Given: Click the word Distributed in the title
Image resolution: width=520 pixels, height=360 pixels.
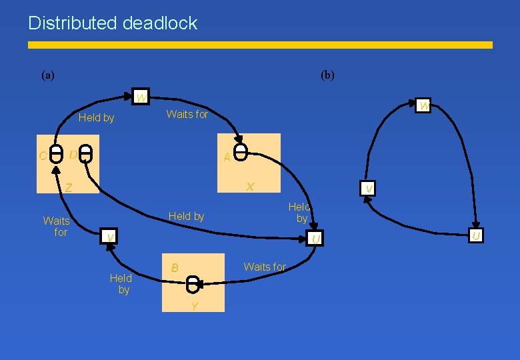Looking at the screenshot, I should point(73,23).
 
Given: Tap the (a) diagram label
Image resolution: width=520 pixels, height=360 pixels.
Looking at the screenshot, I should point(48,75).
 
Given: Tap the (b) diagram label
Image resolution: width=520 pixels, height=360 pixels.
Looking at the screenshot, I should point(327,75).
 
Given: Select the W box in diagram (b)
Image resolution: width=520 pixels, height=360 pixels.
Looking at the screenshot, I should point(423,105).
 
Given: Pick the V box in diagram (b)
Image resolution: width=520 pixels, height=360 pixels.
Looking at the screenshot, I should point(368,189).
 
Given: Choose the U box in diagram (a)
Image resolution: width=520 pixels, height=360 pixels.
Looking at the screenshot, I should point(316,238).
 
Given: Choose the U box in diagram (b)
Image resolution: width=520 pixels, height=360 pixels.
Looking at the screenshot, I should point(475,235).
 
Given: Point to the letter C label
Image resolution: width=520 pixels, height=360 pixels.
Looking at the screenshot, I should point(43,157).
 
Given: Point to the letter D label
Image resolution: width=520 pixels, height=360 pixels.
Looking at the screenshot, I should point(73,155).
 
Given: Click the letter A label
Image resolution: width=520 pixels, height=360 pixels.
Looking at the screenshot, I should point(227,157).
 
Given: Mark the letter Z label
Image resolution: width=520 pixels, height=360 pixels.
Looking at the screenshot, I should point(68,187).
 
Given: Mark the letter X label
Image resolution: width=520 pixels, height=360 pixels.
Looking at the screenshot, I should point(249,187).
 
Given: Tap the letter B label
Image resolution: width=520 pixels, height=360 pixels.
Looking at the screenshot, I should point(175,267).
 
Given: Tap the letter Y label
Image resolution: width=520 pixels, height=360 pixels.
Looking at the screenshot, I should point(194,306).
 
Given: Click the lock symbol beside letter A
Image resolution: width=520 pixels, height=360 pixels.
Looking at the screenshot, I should point(242,152).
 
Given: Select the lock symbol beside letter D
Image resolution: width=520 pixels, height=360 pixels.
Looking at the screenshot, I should point(86,154).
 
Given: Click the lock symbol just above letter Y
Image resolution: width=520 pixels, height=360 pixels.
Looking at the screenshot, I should point(193,285).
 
